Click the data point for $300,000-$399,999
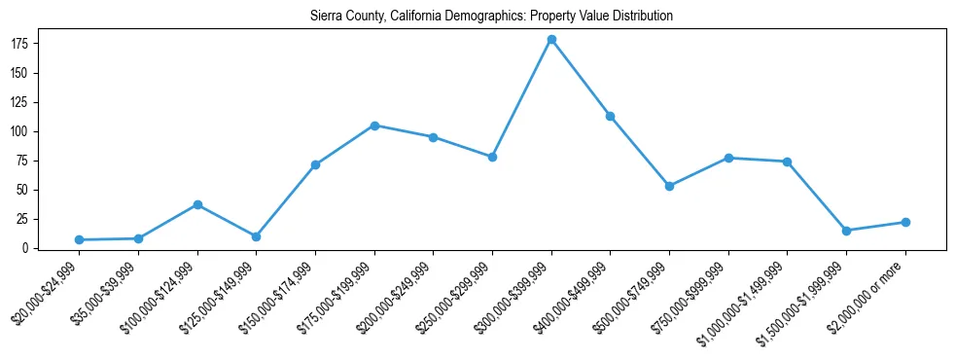[551, 40]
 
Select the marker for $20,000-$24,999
[80, 239]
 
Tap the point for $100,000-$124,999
[197, 204]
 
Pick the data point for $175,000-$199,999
[374, 126]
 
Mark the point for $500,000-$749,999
[669, 186]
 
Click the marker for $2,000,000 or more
[905, 222]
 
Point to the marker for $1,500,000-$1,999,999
[846, 231]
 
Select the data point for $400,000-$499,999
[610, 116]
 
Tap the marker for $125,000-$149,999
[256, 236]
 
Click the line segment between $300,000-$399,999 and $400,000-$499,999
[581, 78]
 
